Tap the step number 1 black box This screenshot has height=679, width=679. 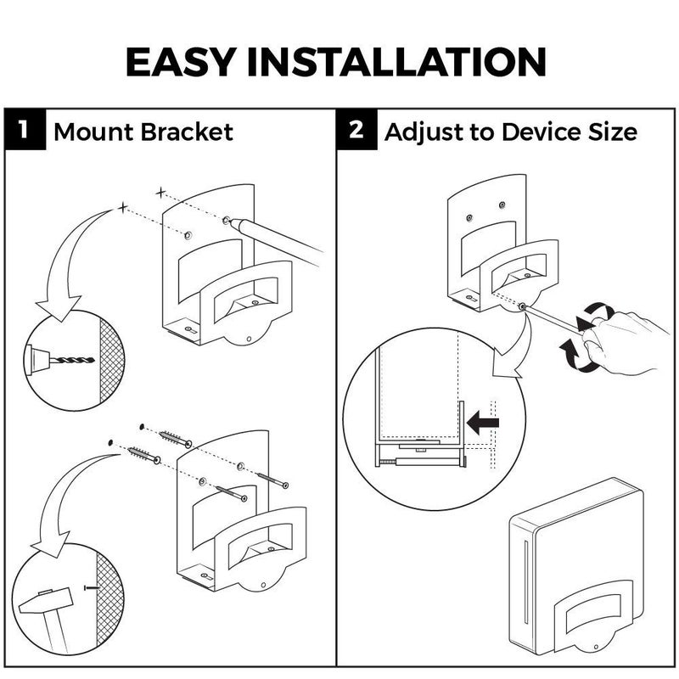26,132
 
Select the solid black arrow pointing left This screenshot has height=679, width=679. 484,419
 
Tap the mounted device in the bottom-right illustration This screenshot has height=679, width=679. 577,569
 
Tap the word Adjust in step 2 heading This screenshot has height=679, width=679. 418,132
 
